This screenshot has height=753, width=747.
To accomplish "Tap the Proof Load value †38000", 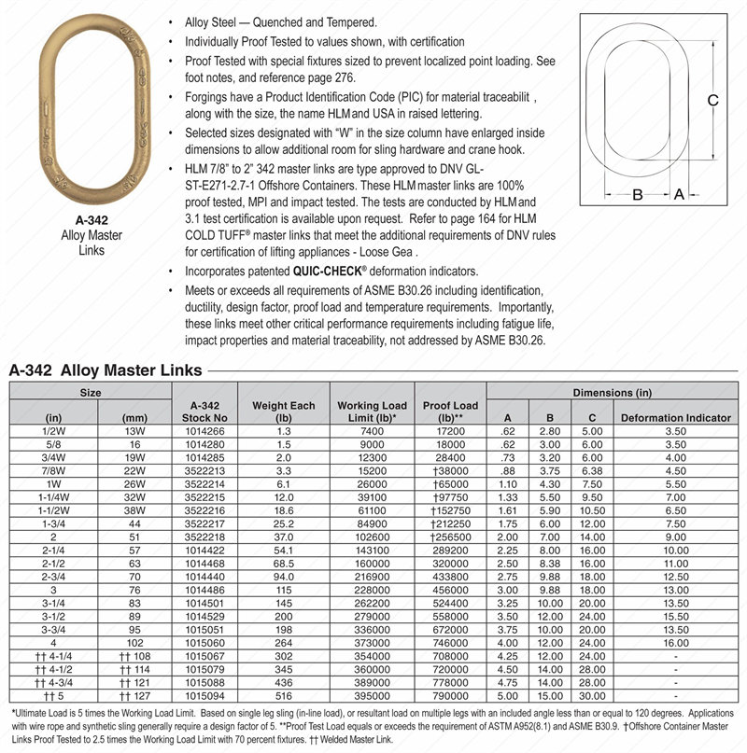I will click(x=451, y=471).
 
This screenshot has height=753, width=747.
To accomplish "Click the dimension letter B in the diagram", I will click(x=638, y=194).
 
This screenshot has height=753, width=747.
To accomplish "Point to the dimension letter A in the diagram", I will click(x=680, y=194).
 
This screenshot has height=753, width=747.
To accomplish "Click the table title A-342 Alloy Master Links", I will click(x=106, y=370).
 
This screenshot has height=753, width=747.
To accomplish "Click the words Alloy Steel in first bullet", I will click(x=206, y=21).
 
